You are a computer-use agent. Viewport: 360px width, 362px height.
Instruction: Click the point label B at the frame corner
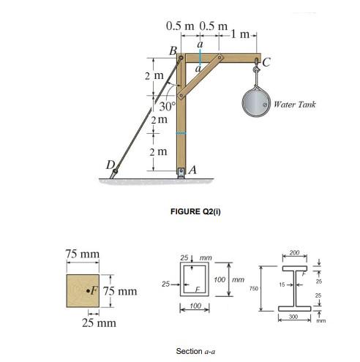point(173,50)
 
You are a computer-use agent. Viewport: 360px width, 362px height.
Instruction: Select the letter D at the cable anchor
point(112,165)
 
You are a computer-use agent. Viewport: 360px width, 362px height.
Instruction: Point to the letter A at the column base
point(193,170)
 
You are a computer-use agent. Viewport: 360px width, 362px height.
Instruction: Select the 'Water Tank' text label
point(295,105)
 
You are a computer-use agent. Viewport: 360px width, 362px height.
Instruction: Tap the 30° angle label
point(161,107)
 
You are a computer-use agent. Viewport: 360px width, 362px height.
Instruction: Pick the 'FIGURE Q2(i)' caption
point(195,211)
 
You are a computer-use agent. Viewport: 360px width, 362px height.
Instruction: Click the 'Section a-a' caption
point(195,350)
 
